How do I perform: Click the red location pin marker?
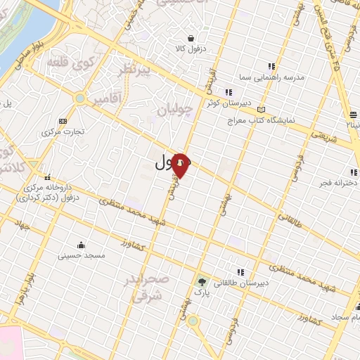181,165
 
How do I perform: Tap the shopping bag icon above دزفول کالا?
191,38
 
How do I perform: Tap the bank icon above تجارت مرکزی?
63,121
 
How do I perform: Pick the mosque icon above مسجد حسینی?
82,245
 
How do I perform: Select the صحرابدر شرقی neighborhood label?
147,288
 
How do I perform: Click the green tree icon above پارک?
202,281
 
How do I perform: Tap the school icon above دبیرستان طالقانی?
241,271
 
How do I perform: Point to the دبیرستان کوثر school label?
224,103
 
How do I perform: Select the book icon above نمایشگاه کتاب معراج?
262,110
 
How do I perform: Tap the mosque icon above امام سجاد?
356,307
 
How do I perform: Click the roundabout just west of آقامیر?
80,98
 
